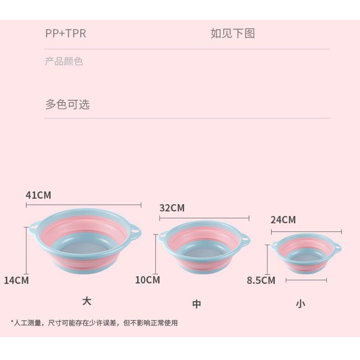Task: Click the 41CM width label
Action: coord(38,195)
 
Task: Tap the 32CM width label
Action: coord(172,208)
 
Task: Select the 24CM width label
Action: coord(283,220)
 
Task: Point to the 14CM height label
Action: coord(16,280)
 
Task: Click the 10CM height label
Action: coord(147,280)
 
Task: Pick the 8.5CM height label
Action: coord(261,280)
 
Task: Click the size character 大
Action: coord(87,301)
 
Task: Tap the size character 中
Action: coord(196,304)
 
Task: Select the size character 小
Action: coord(300,304)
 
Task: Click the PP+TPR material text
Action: coord(66,34)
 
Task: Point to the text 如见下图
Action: coord(233,34)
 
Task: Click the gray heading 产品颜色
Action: coord(64,62)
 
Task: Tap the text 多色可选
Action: coord(67,104)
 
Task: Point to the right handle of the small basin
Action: coord(338,248)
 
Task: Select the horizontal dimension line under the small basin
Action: coord(306,280)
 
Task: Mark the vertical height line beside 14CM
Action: coord(26,251)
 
